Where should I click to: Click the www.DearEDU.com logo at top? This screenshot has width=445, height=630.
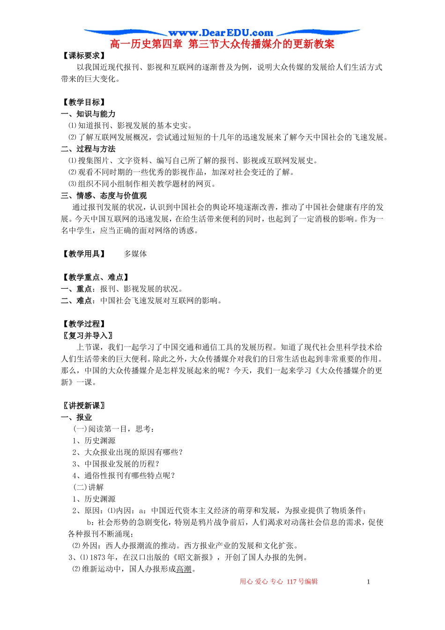tap(221, 33)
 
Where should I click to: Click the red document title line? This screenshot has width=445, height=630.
tap(222, 44)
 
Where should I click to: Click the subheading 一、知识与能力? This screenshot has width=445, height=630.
tap(88, 114)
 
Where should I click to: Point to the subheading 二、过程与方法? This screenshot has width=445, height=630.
tap(88, 149)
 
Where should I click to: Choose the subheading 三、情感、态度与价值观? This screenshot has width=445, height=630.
tap(104, 195)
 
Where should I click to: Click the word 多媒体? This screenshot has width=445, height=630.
tap(135, 254)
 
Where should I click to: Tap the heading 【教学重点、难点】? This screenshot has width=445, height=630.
tap(96, 277)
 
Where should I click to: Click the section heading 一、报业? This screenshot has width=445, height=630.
tap(76, 417)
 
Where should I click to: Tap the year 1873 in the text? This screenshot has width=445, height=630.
tap(98, 557)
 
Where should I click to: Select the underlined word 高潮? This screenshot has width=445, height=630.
tap(184, 569)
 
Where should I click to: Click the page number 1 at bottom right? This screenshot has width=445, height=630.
tap(368, 582)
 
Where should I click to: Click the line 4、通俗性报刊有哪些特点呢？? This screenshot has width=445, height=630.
tap(124, 475)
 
